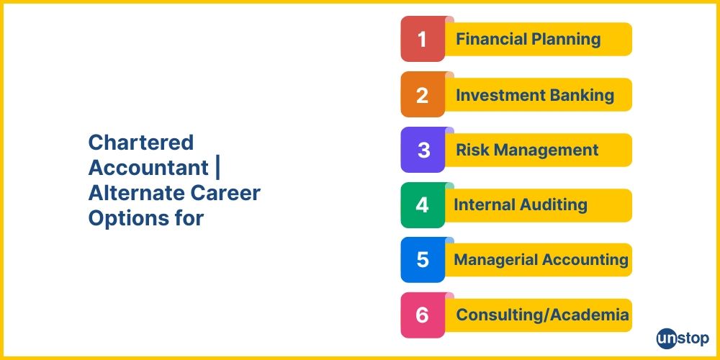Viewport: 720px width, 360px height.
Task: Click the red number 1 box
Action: tap(423, 39)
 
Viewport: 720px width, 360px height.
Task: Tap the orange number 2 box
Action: tap(423, 94)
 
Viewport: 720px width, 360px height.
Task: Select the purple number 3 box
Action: tap(423, 150)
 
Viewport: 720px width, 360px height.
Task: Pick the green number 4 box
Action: tap(423, 204)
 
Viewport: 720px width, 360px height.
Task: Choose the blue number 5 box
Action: tap(423, 260)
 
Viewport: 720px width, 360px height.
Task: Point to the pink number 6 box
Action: tap(423, 315)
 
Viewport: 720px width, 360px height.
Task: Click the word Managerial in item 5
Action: tap(496, 261)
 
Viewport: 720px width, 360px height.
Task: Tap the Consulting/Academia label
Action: tap(543, 315)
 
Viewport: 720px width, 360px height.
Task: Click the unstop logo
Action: tap(683, 339)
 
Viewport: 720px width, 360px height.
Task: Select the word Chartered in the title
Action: tap(141, 143)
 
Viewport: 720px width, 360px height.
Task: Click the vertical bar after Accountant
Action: tap(217, 168)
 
